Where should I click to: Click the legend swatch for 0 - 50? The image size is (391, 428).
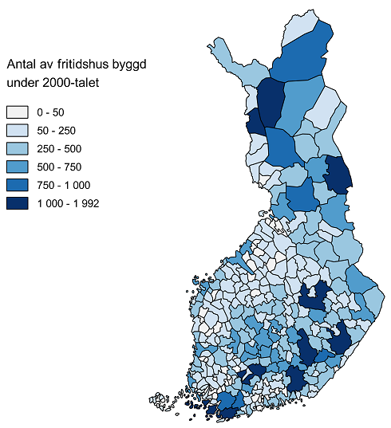[17, 112]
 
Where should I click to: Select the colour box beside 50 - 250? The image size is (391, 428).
[17, 131]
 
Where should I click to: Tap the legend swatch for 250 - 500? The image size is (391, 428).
[17, 149]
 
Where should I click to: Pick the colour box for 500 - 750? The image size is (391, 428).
[17, 167]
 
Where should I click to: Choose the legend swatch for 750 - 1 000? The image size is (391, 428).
[17, 185]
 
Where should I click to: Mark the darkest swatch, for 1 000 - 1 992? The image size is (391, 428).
[17, 203]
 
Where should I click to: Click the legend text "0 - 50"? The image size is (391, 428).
[51, 112]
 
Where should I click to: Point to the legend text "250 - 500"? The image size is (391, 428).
[60, 149]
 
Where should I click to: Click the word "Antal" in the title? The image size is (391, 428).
[22, 63]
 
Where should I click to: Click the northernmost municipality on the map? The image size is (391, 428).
[296, 27]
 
